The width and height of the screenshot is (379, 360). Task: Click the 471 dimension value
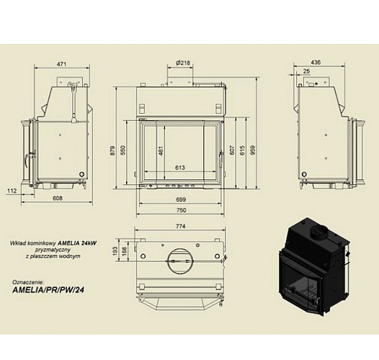[62, 65]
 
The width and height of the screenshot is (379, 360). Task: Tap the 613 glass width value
[180, 168]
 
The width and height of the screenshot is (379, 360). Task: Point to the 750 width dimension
[182, 210]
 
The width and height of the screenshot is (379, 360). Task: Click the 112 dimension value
[12, 190]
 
